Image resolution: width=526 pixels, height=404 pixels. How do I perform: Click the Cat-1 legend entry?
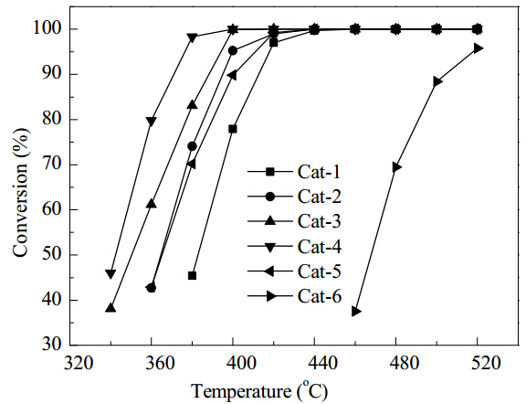[294, 172]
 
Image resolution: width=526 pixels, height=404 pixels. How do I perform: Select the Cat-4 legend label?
[320, 247]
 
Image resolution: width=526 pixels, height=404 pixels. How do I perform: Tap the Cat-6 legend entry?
[295, 296]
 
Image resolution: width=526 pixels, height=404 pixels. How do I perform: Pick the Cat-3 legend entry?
[294, 221]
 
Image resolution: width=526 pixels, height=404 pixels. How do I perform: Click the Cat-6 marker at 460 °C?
[356, 312]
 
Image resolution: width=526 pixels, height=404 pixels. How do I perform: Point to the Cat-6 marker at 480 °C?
[397, 167]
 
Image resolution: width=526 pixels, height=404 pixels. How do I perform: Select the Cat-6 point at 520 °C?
[479, 48]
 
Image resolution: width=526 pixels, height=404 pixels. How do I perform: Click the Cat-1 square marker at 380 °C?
[192, 276]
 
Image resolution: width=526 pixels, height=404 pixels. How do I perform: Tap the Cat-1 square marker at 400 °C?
[233, 129]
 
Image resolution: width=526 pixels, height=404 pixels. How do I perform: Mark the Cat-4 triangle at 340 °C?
[110, 273]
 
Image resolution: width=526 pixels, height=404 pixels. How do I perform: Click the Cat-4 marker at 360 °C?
[152, 122]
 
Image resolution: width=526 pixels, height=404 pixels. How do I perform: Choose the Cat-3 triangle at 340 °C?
[110, 308]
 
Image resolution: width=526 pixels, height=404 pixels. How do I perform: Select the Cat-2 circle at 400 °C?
[233, 50]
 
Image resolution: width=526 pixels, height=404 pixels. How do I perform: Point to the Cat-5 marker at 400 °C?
[232, 76]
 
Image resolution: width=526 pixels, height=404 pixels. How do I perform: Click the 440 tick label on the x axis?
[314, 363]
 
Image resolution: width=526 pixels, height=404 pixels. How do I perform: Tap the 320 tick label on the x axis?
[79, 363]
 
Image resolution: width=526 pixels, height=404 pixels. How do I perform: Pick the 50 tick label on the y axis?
[52, 255]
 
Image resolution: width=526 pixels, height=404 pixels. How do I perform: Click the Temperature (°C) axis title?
[259, 390]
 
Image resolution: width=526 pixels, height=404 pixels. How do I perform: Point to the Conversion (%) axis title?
[20, 192]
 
